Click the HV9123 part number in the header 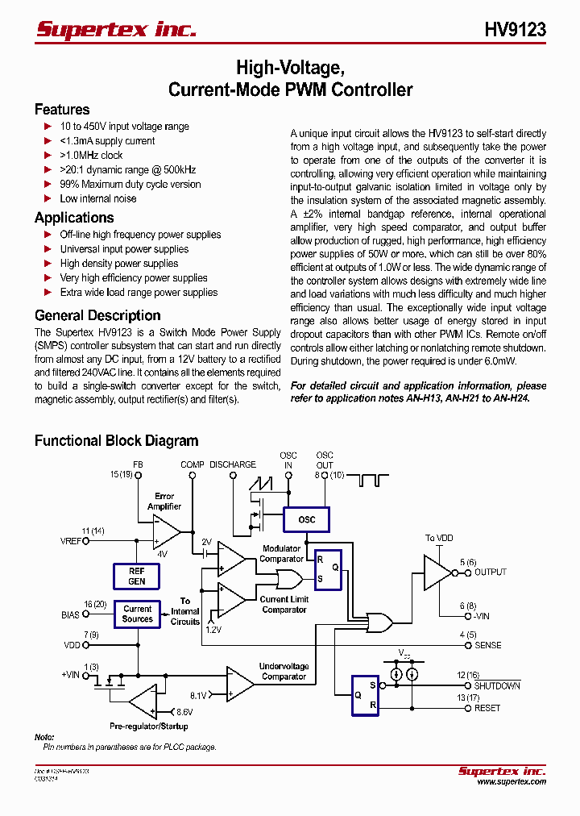515,30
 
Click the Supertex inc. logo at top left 116,30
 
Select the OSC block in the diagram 307,520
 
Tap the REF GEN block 137,576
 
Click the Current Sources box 137,614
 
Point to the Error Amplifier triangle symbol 166,531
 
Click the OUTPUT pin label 490,572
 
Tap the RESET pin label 487,708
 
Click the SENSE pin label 487,645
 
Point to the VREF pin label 71,541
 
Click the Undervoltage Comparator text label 284,672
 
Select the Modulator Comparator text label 281,554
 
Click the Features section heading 62,110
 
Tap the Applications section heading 74,218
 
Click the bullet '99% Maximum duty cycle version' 130,184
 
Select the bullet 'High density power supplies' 119,263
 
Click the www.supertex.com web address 512,781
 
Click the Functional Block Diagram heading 116,441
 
